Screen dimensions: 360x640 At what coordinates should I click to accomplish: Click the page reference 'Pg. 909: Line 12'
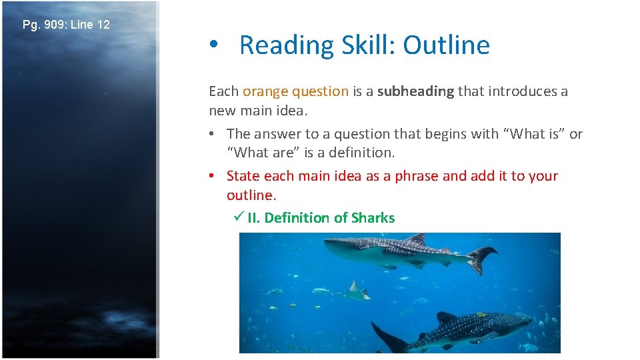[x=66, y=25]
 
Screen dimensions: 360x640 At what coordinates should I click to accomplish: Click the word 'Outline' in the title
[x=446, y=45]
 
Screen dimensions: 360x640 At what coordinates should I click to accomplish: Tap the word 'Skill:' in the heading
[x=364, y=45]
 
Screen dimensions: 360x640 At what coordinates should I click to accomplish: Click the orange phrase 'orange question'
[x=295, y=91]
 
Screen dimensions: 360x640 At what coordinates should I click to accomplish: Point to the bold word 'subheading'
[x=416, y=91]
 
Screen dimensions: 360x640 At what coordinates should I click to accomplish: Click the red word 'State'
[x=243, y=176]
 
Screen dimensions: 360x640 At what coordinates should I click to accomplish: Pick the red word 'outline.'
[x=251, y=195]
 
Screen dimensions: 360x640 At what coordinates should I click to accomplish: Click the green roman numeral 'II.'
[x=254, y=218]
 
